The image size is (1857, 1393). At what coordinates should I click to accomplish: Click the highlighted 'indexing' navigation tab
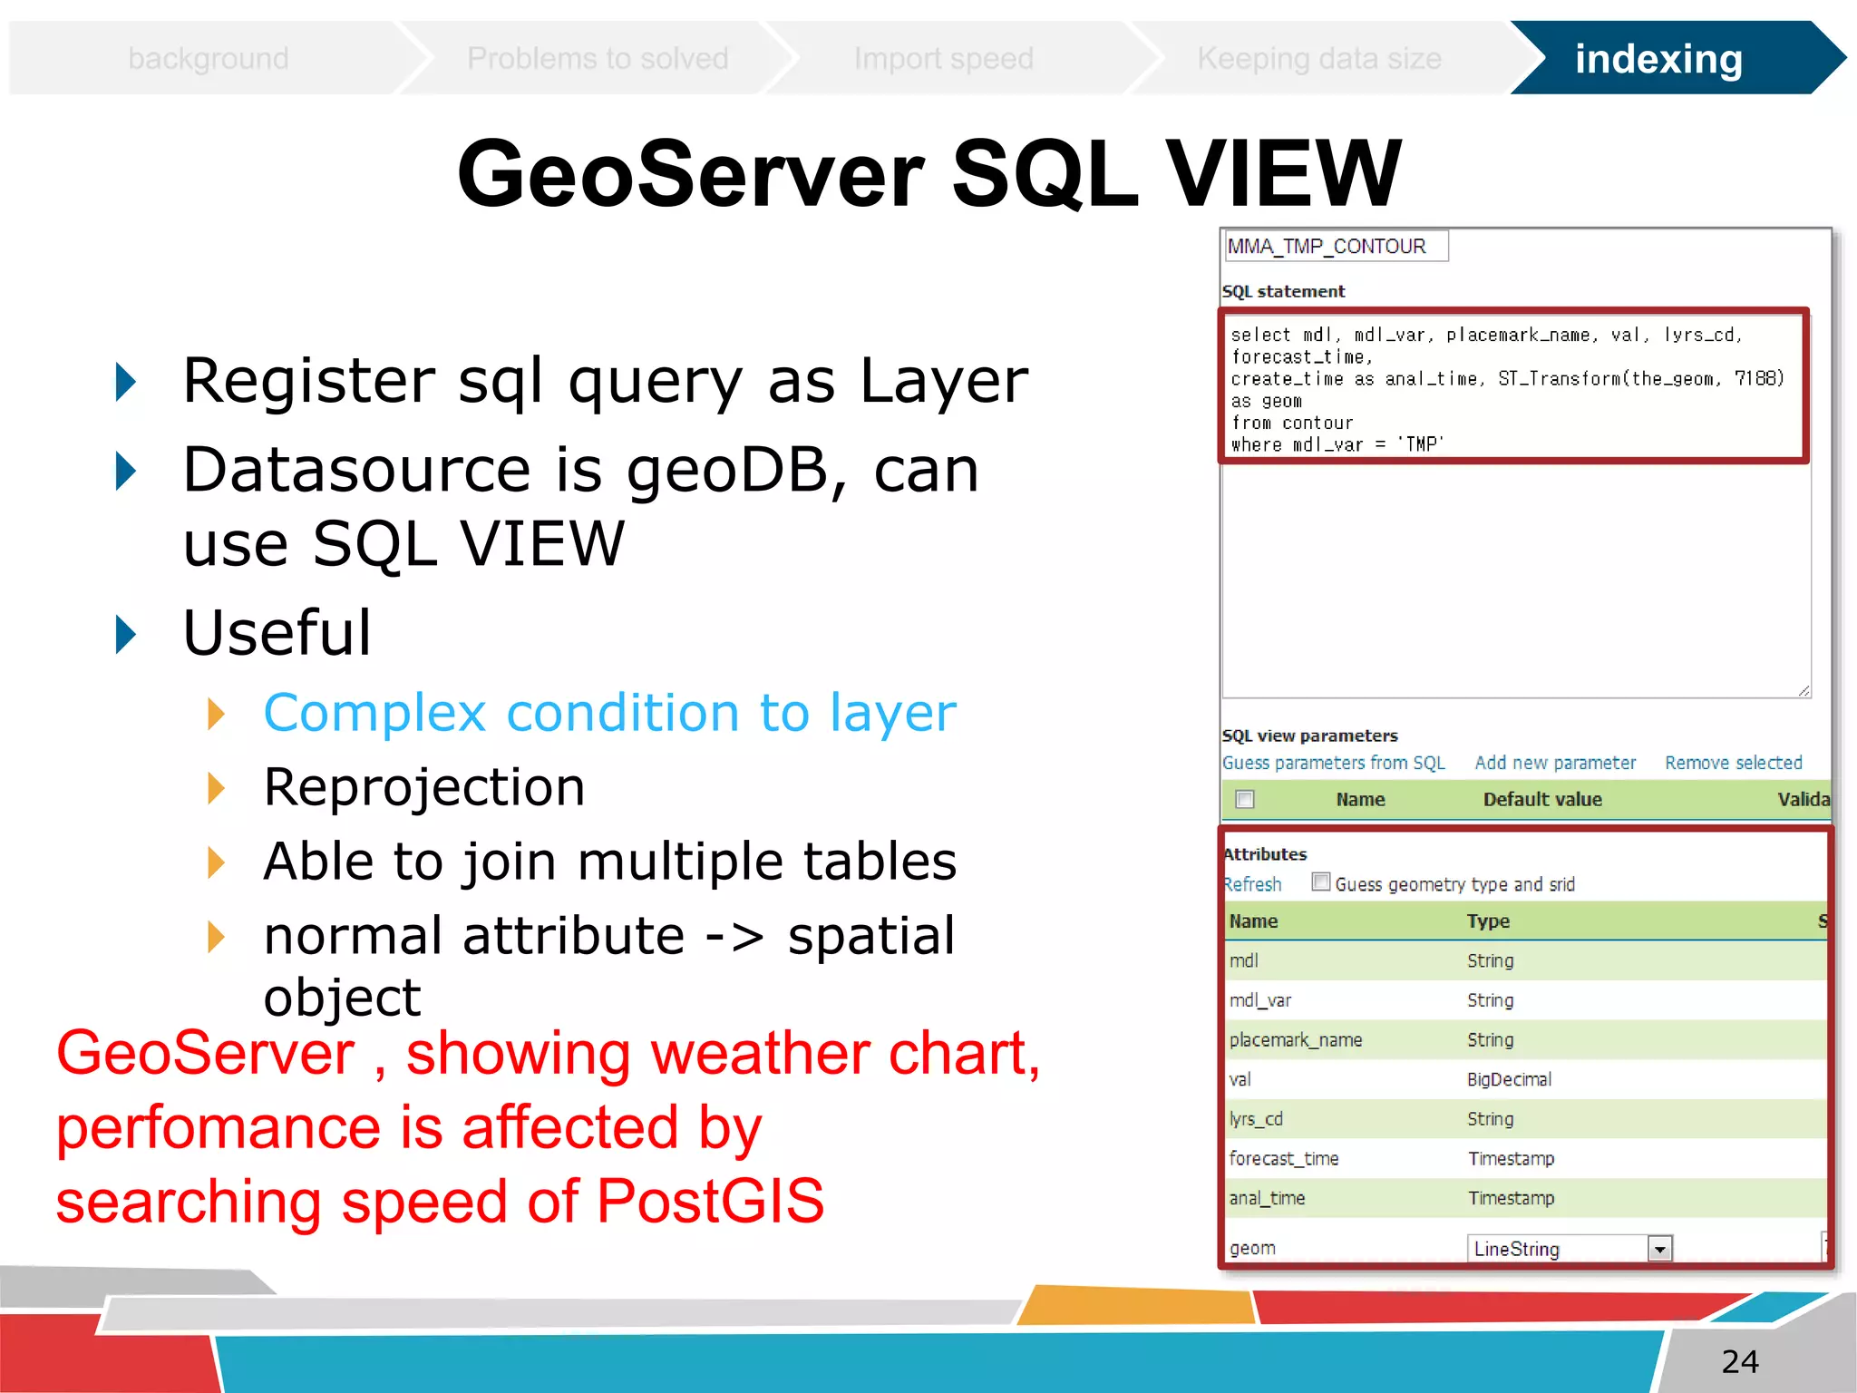(x=1658, y=59)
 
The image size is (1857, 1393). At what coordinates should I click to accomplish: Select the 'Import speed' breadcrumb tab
(x=943, y=59)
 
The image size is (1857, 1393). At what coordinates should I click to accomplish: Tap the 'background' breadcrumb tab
(x=209, y=59)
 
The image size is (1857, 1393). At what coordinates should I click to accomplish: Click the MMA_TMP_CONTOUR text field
(x=1335, y=247)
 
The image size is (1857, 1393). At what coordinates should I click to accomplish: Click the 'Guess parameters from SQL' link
(x=1333, y=763)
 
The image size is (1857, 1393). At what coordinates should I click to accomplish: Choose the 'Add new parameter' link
(x=1555, y=763)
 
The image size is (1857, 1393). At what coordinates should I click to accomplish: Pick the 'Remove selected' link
(x=1733, y=763)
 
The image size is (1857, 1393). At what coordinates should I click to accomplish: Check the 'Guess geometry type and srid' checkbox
(x=1321, y=882)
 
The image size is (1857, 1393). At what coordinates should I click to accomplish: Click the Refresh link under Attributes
(x=1253, y=884)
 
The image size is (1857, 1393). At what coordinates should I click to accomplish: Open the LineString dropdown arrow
(x=1659, y=1250)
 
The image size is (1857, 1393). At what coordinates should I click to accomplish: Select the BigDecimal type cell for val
(x=1509, y=1079)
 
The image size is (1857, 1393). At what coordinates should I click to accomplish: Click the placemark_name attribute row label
(x=1296, y=1040)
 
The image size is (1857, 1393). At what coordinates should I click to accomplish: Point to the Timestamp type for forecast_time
(x=1511, y=1158)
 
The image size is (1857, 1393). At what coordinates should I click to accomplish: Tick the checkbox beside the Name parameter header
(x=1245, y=799)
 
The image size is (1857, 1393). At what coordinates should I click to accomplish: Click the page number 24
(x=1739, y=1361)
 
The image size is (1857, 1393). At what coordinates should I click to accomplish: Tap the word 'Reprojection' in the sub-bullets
(x=424, y=786)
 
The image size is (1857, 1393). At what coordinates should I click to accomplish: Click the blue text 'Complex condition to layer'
(x=609, y=712)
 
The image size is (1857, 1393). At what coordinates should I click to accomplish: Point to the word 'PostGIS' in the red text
(x=710, y=1201)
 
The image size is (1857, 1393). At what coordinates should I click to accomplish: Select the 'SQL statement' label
(x=1283, y=291)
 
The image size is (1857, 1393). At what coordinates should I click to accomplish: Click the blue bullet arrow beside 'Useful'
(x=126, y=634)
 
